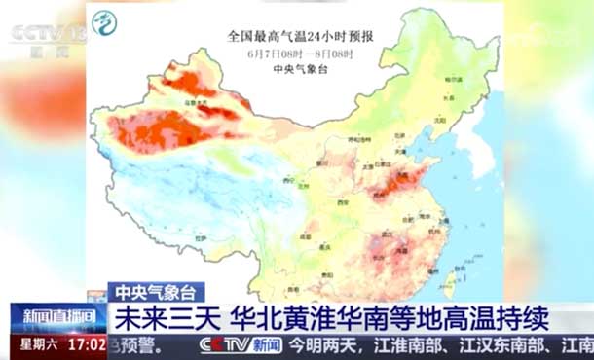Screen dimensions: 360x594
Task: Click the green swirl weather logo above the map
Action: point(103,21)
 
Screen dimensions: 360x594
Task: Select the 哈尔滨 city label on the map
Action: point(451,78)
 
